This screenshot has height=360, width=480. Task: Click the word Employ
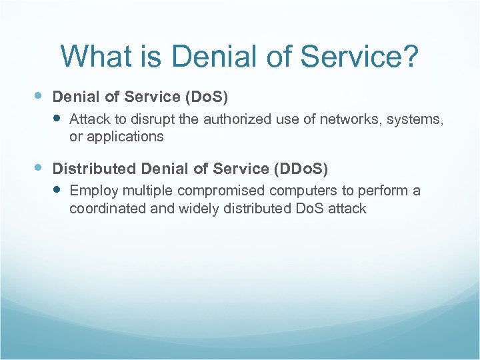click(92, 191)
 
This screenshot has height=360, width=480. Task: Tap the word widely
click(199, 208)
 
